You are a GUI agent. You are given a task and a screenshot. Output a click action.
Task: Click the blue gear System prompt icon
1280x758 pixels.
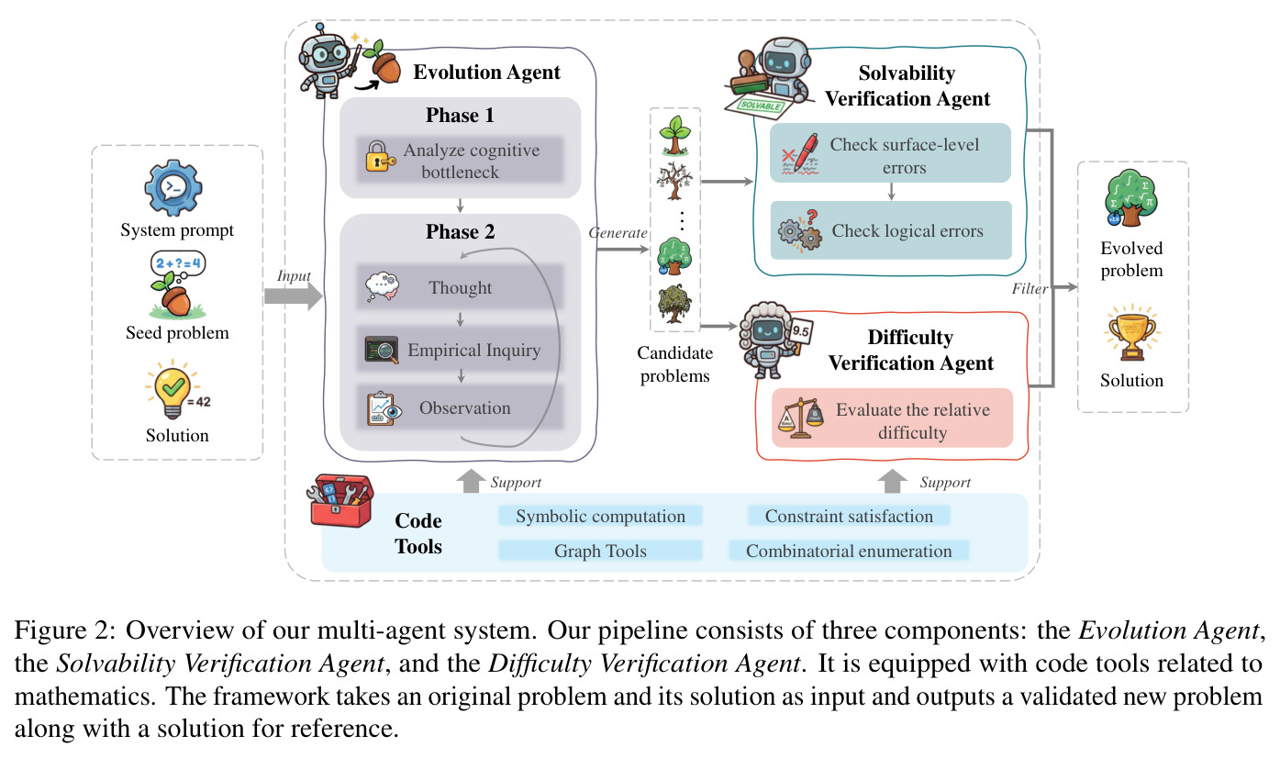tap(173, 187)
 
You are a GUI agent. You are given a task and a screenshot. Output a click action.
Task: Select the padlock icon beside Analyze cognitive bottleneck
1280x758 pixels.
tap(380, 157)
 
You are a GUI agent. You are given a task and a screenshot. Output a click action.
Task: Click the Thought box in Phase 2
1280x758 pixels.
tap(460, 287)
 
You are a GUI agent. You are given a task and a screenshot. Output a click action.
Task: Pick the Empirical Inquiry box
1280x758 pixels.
tap(460, 350)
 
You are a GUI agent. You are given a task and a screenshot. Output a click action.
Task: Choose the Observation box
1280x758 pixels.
tap(460, 407)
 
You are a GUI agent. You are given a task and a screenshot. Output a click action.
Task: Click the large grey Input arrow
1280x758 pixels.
tap(294, 296)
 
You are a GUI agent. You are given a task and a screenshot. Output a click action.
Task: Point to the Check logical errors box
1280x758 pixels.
tap(891, 230)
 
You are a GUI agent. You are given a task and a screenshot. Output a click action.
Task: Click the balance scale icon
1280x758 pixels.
tap(800, 418)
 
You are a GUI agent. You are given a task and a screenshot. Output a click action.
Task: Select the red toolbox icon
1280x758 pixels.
tap(340, 499)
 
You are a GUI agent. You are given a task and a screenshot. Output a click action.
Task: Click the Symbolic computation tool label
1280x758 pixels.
tap(600, 516)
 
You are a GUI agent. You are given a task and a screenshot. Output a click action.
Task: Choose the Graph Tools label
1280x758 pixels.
tap(600, 551)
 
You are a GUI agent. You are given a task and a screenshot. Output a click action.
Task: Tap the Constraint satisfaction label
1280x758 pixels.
tap(849, 516)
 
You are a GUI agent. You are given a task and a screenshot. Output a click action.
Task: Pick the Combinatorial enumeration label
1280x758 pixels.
tap(849, 551)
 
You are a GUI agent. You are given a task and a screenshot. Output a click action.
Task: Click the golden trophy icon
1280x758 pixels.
tap(1131, 333)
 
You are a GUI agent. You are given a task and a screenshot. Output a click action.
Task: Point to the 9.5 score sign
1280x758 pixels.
tap(802, 331)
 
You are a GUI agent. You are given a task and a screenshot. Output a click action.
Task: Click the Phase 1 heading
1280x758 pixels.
tap(460, 115)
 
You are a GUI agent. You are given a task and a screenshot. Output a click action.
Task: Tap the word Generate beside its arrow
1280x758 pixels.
tap(618, 233)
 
